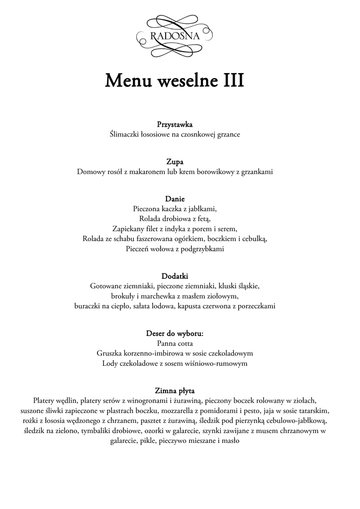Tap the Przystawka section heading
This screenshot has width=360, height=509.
tap(175, 124)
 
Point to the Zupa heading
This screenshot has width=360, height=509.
tap(175, 162)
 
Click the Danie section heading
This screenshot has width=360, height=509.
tap(175, 199)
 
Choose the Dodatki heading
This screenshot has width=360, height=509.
tap(175, 276)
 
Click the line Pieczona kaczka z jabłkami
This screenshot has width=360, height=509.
tap(175, 209)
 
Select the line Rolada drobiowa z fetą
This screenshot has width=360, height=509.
tap(175, 219)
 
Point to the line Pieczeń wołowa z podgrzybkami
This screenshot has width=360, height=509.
tap(175, 249)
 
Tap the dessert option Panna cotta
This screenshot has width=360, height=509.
tap(175, 343)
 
